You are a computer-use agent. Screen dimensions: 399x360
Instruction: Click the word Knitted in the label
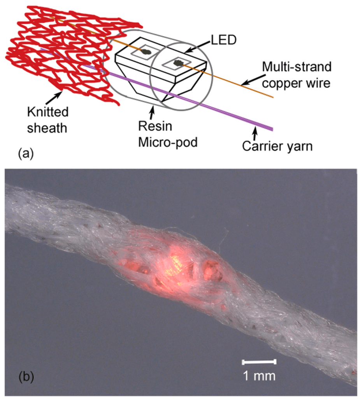click(x=48, y=112)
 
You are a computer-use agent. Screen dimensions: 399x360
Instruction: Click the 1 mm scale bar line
click(x=259, y=362)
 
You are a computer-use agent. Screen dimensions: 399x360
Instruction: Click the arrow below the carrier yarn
click(x=256, y=134)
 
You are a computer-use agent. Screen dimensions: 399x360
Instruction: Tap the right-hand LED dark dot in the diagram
click(x=178, y=62)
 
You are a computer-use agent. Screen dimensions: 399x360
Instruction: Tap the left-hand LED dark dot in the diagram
click(x=146, y=51)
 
